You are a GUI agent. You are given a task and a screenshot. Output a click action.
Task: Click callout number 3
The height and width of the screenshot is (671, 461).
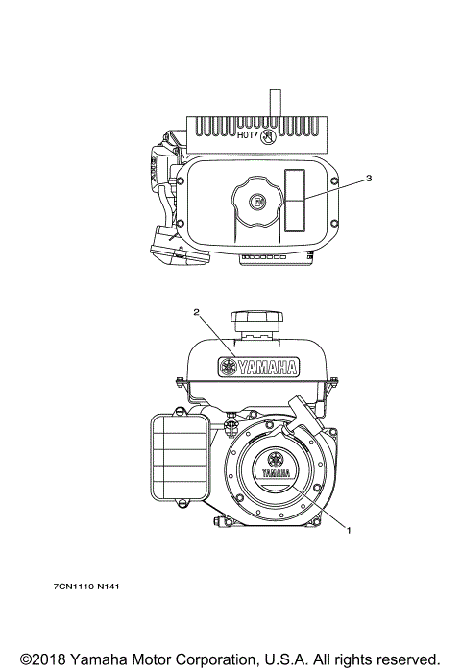369,178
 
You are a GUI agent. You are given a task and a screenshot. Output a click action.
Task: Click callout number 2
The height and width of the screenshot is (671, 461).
197,312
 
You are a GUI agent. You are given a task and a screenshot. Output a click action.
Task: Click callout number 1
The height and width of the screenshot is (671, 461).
349,530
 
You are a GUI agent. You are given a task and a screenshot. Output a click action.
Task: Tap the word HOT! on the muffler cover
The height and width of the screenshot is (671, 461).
248,135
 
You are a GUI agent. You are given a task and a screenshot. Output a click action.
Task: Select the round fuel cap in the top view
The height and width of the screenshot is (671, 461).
257,201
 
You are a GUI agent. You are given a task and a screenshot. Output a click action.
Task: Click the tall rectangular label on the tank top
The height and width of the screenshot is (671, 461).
295,201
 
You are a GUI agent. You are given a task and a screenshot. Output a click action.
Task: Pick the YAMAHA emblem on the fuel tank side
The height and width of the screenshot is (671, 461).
258,367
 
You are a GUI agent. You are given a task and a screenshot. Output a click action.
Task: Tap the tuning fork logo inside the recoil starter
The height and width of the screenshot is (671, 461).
276,460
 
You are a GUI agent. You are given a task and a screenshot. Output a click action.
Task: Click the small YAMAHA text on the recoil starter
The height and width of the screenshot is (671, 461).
276,473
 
